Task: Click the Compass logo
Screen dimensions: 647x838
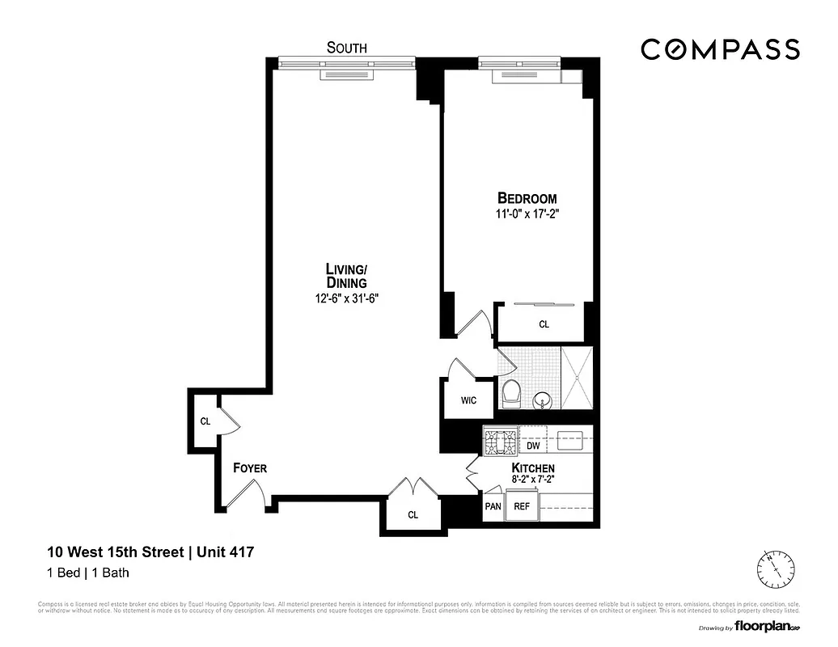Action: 720,49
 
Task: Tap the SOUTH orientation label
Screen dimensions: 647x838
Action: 346,48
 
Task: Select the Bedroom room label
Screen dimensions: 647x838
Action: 527,198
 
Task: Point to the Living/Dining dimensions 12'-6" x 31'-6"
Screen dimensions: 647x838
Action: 346,298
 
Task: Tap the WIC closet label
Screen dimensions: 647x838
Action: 468,400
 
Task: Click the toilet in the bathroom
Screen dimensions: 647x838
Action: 511,395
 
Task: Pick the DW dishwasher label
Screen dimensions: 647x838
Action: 533,446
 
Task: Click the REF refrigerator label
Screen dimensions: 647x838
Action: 522,506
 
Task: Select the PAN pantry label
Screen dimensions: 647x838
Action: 493,506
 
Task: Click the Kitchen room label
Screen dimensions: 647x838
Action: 533,468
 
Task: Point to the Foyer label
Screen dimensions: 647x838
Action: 250,468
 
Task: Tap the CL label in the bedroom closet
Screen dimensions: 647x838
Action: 544,324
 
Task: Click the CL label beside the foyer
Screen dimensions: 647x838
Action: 205,421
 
